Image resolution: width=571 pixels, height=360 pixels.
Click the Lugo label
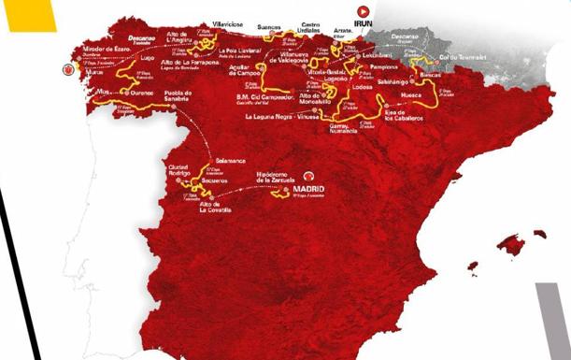coord(148,58)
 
